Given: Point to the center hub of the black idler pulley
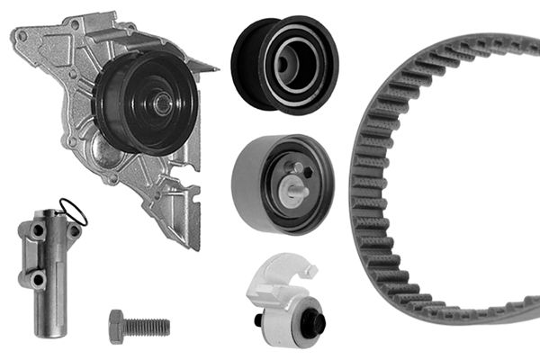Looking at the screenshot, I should (291, 61).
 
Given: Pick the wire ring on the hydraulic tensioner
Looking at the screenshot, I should (74, 212).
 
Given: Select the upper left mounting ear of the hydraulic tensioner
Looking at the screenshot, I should (35, 230).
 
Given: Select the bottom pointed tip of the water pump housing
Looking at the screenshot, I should (189, 244).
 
